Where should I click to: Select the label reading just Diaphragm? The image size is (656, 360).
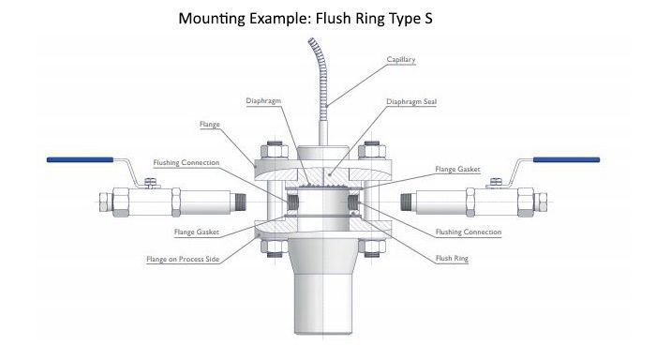coord(264,100)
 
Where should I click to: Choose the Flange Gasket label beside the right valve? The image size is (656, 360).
coord(458,170)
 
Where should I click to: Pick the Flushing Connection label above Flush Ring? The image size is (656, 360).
coord(469,232)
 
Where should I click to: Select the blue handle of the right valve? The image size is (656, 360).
coord(566,160)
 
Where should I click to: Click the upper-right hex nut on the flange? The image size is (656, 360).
coord(370,151)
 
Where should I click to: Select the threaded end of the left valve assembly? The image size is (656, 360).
coord(245,202)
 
